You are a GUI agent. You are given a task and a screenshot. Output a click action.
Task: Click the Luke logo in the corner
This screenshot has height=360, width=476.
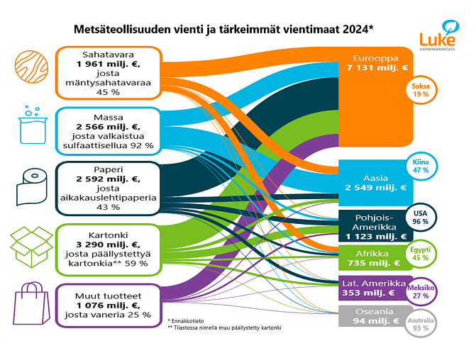[x=437, y=38]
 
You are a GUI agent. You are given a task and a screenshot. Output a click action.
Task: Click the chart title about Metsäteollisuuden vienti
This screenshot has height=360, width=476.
[x=223, y=29]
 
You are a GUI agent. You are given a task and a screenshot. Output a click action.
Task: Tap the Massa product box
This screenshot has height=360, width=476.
[x=109, y=130]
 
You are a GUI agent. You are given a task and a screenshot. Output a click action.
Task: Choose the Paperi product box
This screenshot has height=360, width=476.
[x=109, y=188]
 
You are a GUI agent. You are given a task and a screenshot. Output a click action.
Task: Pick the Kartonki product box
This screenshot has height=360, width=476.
[x=109, y=247]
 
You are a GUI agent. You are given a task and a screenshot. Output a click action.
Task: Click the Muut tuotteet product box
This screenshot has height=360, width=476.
[x=109, y=305]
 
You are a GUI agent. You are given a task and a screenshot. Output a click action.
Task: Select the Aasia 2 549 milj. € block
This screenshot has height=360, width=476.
[x=376, y=182]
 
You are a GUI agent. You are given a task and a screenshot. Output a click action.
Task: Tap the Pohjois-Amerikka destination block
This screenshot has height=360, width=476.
[x=376, y=225]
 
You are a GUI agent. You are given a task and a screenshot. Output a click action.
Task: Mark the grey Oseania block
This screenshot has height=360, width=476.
[x=376, y=317]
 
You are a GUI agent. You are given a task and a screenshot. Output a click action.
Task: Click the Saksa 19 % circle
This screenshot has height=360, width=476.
[x=421, y=89]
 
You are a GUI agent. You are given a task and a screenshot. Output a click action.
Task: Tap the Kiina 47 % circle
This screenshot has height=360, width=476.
[x=421, y=166]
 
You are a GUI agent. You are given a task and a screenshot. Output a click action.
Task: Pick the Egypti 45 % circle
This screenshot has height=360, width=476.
[x=421, y=254]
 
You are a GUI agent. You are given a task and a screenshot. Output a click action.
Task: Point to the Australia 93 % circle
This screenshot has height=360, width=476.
[x=421, y=325]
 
